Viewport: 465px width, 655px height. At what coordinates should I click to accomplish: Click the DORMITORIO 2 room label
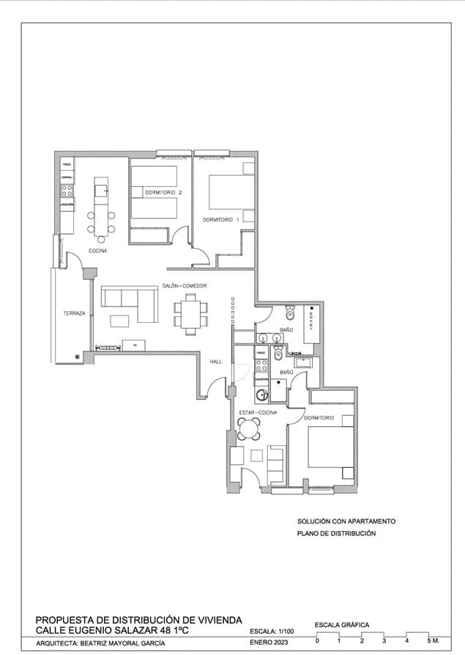click(x=163, y=192)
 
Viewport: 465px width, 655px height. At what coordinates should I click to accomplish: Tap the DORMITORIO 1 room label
click(x=221, y=219)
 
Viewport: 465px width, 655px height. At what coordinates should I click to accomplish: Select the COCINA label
click(x=98, y=251)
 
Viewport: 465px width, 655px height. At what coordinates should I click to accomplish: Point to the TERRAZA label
click(x=74, y=313)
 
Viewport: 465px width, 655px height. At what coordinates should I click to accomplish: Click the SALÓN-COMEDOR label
click(x=185, y=285)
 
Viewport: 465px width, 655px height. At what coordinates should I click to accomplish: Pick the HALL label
click(x=215, y=362)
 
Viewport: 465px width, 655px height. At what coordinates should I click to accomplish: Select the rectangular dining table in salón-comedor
click(x=190, y=313)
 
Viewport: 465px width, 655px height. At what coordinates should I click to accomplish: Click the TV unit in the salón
click(x=133, y=345)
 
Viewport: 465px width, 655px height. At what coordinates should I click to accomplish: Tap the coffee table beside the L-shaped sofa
click(x=119, y=320)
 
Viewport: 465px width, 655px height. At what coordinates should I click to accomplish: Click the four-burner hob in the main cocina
click(x=66, y=189)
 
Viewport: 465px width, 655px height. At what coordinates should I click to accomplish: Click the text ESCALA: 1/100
click(x=271, y=631)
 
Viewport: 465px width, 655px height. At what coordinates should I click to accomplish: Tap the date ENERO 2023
click(x=269, y=643)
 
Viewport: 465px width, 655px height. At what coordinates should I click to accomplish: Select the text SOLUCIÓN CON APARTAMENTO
click(x=346, y=521)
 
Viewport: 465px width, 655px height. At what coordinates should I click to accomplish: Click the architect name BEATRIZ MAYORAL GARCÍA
click(x=123, y=643)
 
